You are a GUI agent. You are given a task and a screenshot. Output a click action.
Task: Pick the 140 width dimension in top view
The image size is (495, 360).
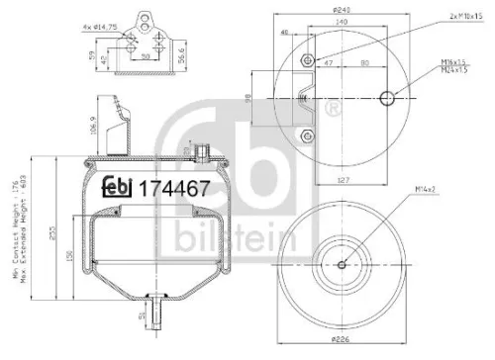pyautogui.click(x=342, y=20)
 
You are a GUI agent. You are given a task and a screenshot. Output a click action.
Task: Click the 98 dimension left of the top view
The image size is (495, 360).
pyautogui.click(x=247, y=96)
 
